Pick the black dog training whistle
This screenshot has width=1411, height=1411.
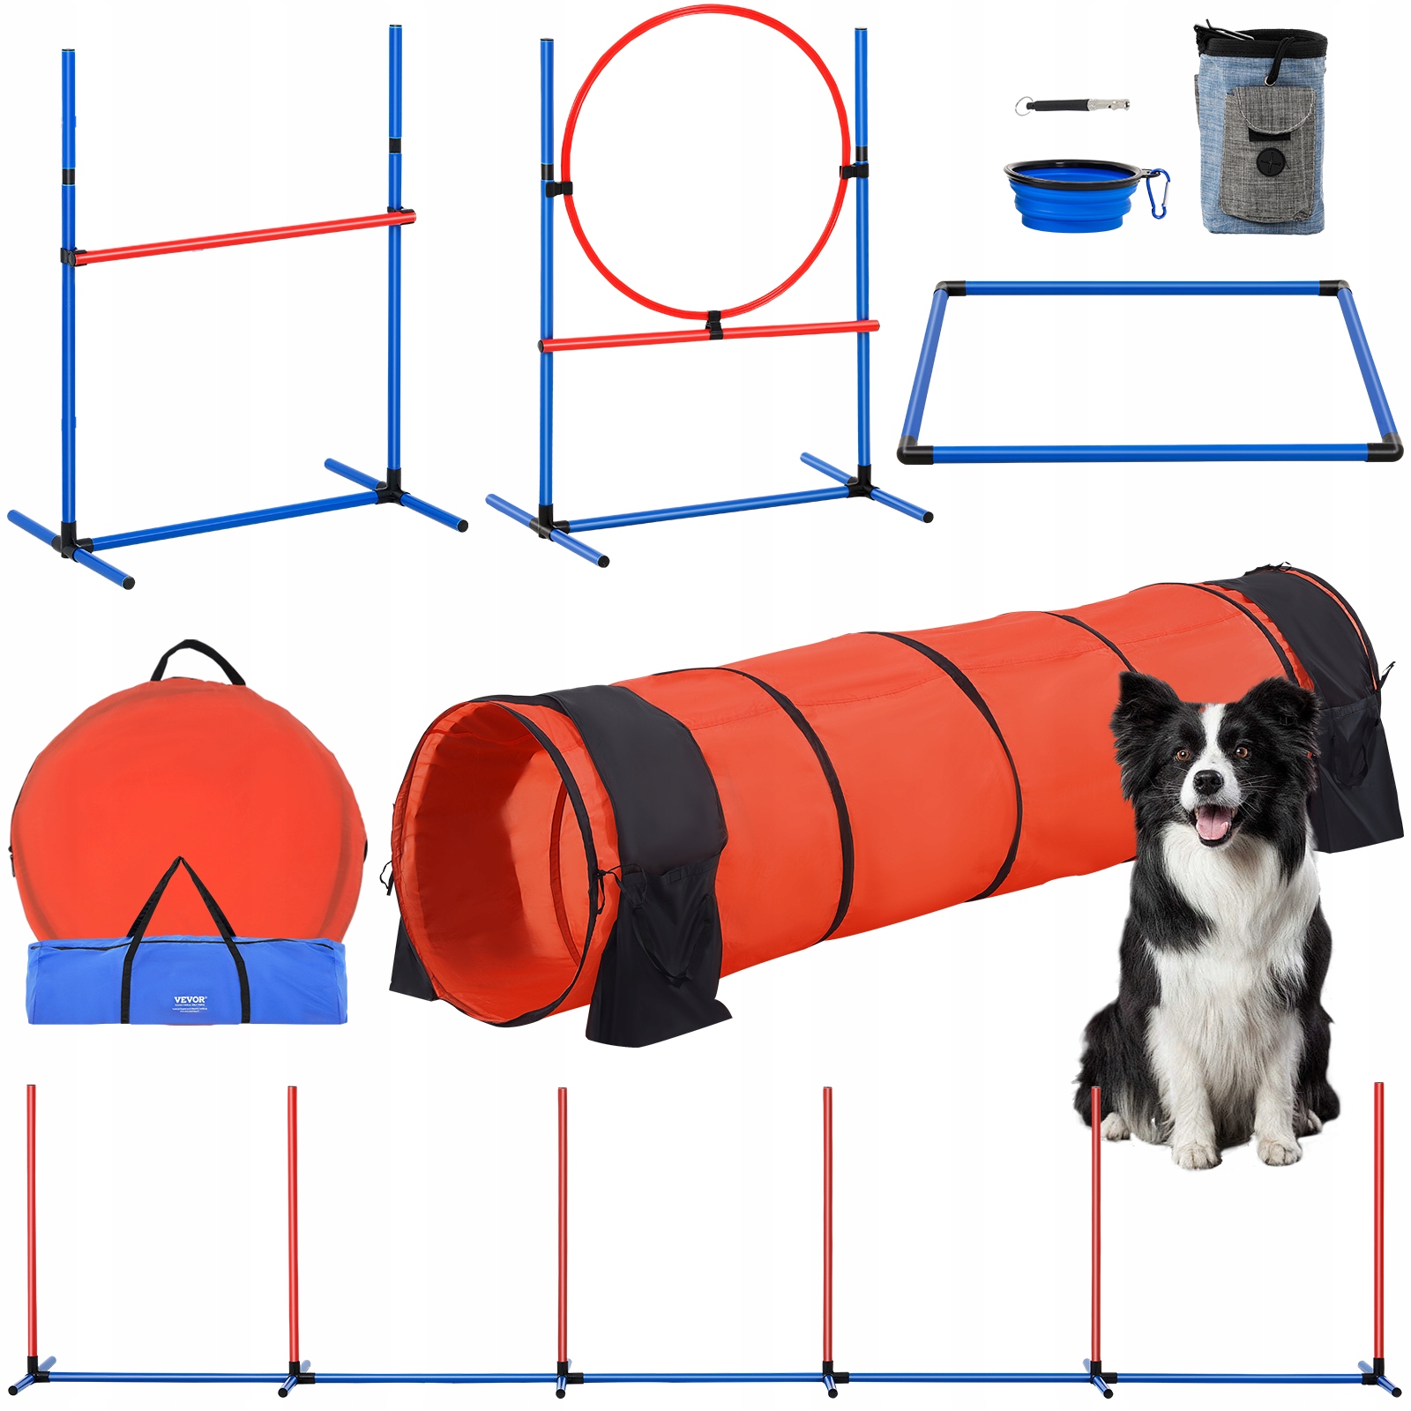[1071, 105]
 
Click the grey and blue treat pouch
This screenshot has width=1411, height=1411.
[1261, 132]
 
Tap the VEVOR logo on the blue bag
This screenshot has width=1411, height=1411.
[190, 1000]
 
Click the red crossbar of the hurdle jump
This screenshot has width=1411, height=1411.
[238, 236]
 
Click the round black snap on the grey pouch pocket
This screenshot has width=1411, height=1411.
[1270, 161]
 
